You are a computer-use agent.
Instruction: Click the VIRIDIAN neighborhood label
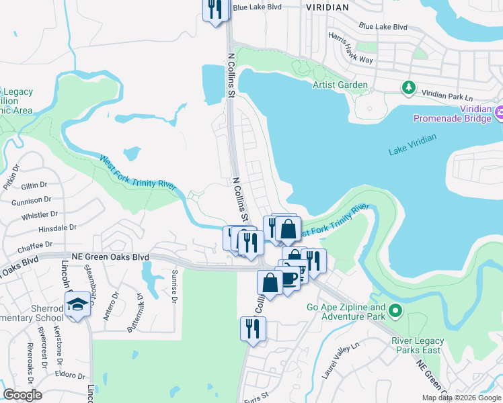(327, 7)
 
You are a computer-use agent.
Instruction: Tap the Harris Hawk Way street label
(350, 46)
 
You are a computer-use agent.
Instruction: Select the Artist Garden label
(340, 85)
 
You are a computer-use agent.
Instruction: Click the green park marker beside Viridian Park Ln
(408, 87)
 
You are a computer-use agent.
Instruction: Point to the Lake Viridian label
(412, 144)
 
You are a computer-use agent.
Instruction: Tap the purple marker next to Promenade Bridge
(498, 113)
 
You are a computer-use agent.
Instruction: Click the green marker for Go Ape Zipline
(395, 311)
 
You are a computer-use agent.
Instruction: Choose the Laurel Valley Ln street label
(341, 359)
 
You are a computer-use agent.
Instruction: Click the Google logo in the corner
(23, 395)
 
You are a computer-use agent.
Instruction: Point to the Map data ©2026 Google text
(459, 398)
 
